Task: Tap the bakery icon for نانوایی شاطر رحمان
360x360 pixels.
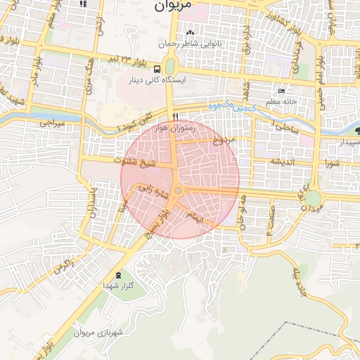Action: [190, 32]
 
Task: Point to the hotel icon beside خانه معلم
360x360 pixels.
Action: [282, 91]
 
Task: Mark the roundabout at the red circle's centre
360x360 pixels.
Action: [178, 190]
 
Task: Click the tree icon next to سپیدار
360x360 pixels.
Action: [358, 130]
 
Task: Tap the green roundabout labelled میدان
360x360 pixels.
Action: [312, 199]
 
